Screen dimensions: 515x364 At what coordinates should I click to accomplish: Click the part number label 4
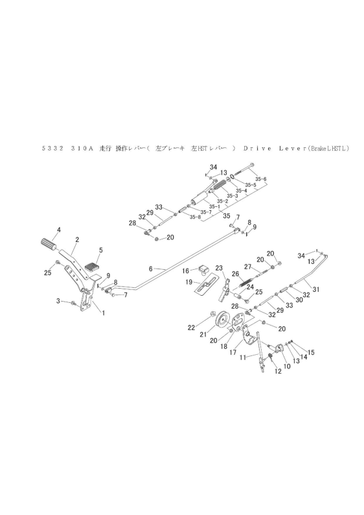(x=58, y=230)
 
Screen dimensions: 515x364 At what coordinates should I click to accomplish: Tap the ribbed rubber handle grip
(x=49, y=245)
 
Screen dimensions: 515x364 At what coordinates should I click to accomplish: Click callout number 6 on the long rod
(x=150, y=269)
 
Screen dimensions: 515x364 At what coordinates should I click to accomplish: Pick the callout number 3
(x=57, y=301)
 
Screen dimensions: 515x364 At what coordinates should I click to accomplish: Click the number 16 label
(x=185, y=270)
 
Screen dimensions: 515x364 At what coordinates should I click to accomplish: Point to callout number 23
(x=218, y=267)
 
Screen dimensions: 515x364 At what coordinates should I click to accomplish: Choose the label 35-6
(x=260, y=179)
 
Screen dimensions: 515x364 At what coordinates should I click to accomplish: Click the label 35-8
(x=194, y=217)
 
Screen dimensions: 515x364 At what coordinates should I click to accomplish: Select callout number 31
(x=315, y=289)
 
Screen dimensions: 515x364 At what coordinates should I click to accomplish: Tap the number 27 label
(x=247, y=266)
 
